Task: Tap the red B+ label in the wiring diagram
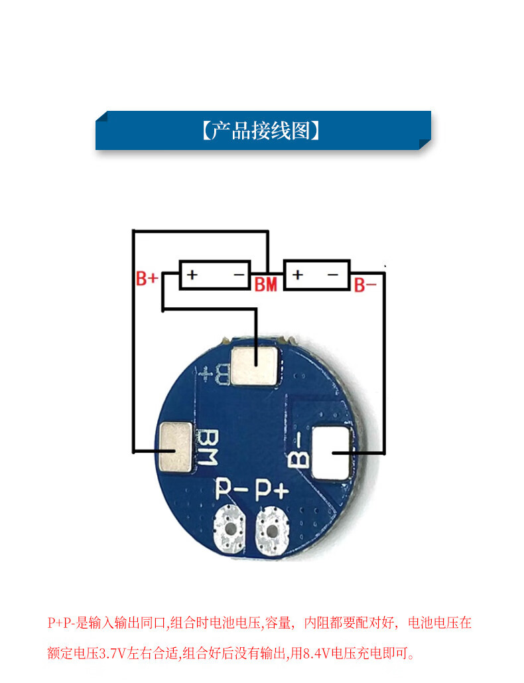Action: coord(147,278)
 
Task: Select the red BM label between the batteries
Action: coord(265,285)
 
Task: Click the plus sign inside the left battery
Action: coord(192,274)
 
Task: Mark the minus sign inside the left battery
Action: coord(239,274)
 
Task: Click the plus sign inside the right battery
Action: coord(298,274)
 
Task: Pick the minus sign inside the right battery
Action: coord(333,274)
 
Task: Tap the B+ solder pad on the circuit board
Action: coord(254,366)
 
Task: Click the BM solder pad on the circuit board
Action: coord(175,447)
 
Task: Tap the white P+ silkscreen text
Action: coord(272,490)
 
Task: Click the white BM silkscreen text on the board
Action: coord(207,447)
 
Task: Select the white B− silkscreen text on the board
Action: coord(299,450)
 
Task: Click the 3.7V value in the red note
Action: coord(113,653)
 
